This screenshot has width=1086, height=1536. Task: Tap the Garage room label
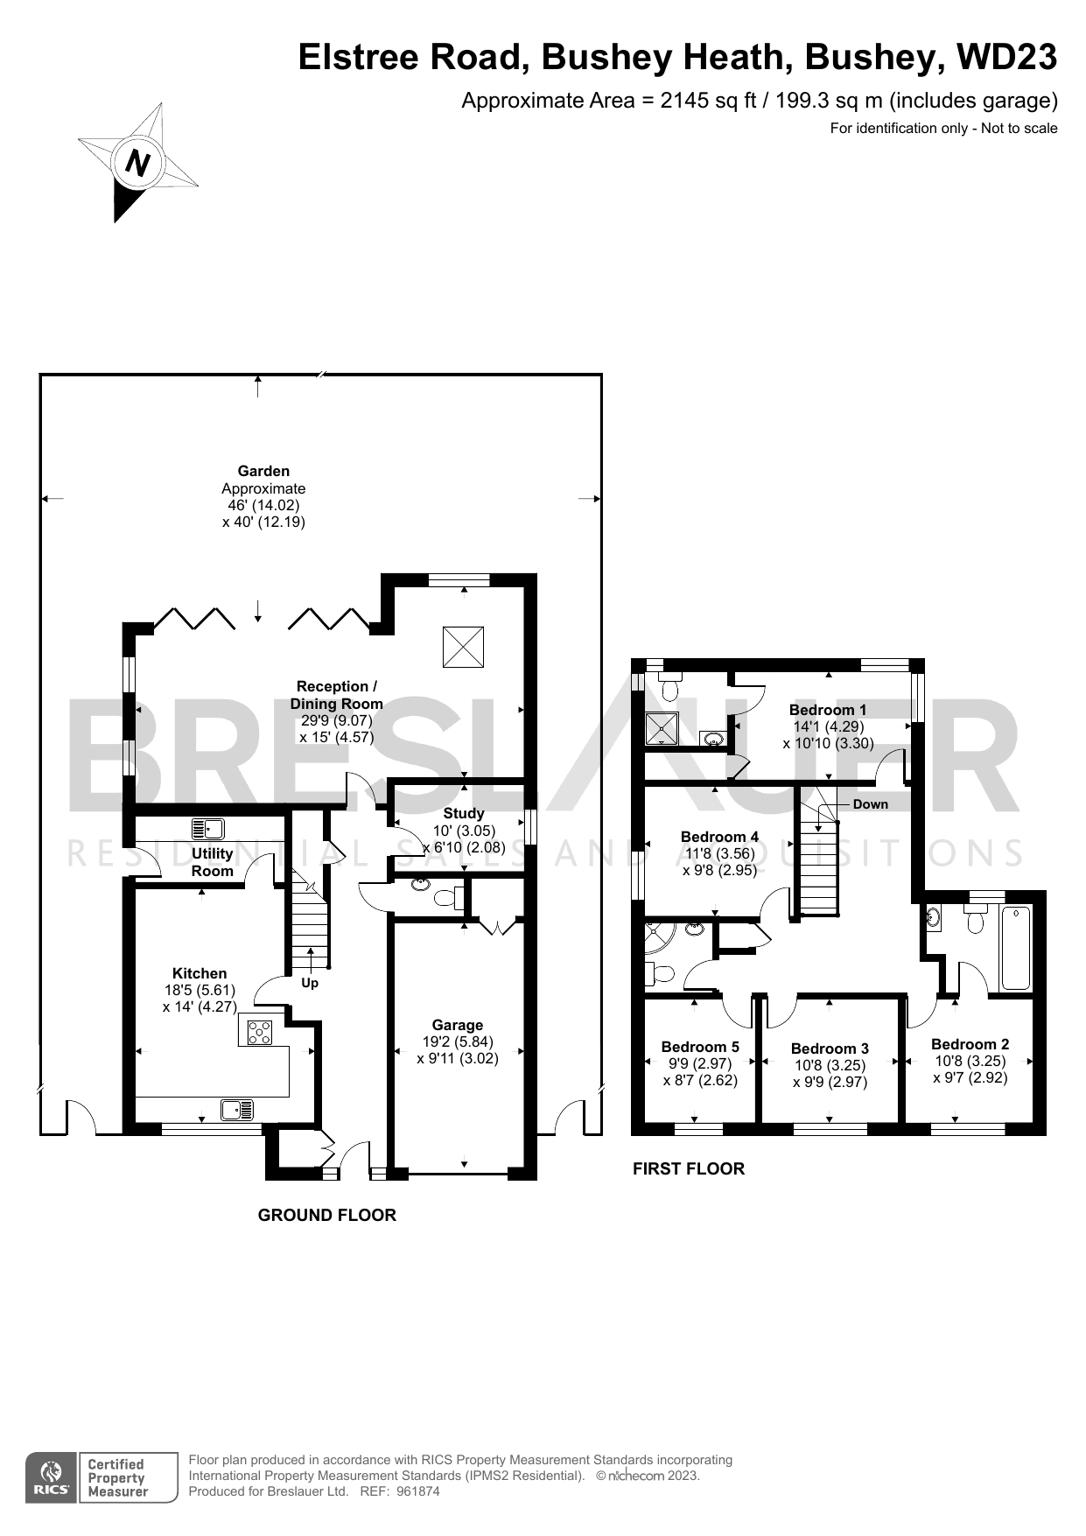pos(457,1025)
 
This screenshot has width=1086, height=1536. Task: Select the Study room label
pos(463,813)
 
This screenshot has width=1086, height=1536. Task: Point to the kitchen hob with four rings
pos(261,1033)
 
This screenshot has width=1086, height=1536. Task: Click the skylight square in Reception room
pos(463,646)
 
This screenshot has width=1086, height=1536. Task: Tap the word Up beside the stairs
pos(310,983)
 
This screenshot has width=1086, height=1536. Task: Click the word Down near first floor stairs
pos(870,803)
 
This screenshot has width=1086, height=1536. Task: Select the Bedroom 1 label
pos(827,710)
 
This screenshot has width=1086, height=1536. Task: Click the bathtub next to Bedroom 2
pos(1016,949)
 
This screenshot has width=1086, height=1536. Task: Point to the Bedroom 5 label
pos(700,1047)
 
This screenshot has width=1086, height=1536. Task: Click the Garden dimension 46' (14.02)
pos(263,505)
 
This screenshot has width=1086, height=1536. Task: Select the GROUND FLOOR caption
pos(326,1215)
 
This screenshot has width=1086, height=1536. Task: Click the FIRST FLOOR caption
pos(688,1168)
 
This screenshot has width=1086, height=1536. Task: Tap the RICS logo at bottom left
pos(52,1478)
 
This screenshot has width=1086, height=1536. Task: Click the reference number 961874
pos(418,1491)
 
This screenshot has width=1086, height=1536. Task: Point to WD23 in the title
pos(1006,58)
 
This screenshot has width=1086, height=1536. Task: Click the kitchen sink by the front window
pos(236,1110)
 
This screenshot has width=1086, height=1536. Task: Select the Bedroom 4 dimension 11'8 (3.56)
pos(719,853)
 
